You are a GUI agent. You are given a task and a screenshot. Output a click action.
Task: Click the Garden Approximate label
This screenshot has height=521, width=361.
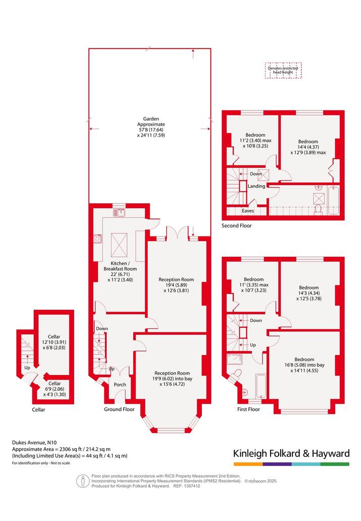pyautogui.click(x=151, y=122)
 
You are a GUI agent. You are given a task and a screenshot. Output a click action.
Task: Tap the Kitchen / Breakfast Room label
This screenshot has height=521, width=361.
pyautogui.click(x=120, y=266)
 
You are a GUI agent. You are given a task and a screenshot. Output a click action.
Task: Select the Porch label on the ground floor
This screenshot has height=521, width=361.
pyautogui.click(x=120, y=384)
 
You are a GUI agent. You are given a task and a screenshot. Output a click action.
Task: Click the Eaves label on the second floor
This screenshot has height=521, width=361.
pyautogui.click(x=248, y=211)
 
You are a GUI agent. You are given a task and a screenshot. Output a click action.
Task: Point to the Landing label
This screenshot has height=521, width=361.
pyautogui.click(x=256, y=186)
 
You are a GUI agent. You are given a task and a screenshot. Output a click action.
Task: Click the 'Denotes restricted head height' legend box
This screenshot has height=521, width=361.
pyautogui.click(x=283, y=71)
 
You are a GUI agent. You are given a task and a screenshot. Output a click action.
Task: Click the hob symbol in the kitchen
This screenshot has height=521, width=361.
pyautogui.click(x=97, y=238)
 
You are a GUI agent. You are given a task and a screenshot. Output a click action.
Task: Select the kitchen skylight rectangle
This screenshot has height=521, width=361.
pyautogui.click(x=119, y=245)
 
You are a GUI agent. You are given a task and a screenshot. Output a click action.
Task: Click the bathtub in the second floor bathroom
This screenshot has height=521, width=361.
pyautogui.click(x=334, y=200)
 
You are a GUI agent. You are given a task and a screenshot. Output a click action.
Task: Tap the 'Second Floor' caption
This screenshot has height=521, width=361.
pyautogui.click(x=237, y=225)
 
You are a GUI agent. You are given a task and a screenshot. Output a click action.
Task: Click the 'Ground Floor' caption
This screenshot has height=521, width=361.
pyautogui.click(x=119, y=410)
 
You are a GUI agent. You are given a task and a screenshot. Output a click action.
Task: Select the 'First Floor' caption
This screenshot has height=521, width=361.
pyautogui.click(x=248, y=410)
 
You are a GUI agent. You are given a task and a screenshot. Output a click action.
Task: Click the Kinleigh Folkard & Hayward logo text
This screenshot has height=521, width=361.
pyautogui.click(x=291, y=453)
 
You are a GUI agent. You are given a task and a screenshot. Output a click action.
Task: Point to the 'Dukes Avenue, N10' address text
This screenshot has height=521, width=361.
pyautogui.click(x=34, y=442)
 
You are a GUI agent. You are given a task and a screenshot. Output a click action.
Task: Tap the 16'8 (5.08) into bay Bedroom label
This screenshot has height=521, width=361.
pyautogui.click(x=304, y=365)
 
